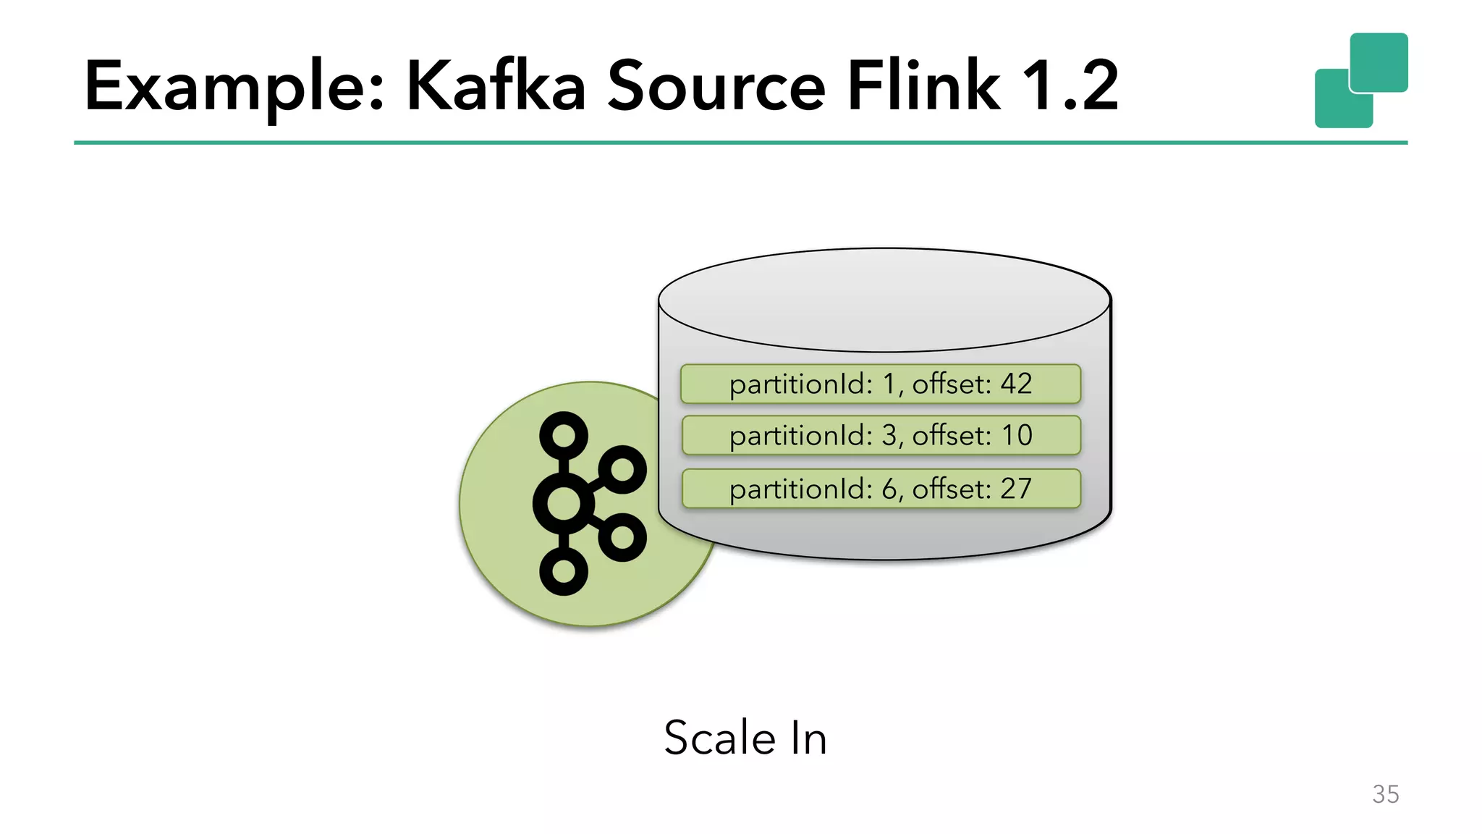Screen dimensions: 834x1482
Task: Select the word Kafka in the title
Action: tap(496, 87)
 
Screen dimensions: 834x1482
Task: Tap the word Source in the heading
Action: tap(716, 87)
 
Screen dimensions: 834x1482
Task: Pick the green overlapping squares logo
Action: tap(1361, 80)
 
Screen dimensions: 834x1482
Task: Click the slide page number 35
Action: tap(1385, 794)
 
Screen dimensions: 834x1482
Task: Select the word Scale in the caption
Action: tap(720, 738)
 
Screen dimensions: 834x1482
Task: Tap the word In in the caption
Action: tap(808, 738)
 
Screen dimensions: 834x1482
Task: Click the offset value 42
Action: tap(1016, 384)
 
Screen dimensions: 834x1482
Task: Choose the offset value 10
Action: tap(1016, 435)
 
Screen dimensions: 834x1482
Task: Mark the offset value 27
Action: tap(1016, 489)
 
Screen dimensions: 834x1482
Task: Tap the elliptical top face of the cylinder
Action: tap(884, 300)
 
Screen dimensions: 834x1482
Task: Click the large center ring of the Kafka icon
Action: tap(564, 503)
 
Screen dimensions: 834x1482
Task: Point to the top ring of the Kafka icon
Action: tap(564, 436)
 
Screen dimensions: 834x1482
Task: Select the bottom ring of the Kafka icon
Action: tap(564, 571)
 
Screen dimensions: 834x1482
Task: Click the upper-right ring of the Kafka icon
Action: tap(622, 470)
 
